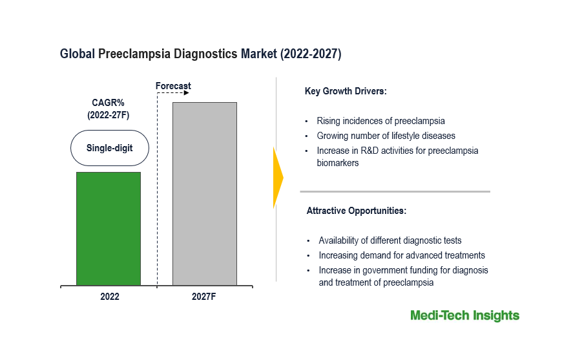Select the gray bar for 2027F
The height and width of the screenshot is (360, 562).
click(204, 193)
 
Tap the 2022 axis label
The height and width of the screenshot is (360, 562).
click(109, 297)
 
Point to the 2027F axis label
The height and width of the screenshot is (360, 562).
click(204, 297)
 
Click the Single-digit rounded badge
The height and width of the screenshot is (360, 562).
click(109, 148)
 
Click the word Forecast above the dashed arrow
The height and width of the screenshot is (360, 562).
click(173, 86)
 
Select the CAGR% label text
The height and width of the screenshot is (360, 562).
click(109, 101)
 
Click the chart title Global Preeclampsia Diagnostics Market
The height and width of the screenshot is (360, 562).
click(200, 54)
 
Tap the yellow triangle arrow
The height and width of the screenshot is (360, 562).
click(278, 178)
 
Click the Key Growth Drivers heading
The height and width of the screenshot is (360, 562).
click(345, 91)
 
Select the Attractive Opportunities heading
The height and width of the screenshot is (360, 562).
click(356, 211)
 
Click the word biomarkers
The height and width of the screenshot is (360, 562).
click(337, 164)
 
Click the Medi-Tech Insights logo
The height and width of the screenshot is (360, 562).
click(464, 315)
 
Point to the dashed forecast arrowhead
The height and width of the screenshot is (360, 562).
click(186, 93)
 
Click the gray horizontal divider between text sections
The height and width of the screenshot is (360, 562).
click(395, 191)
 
